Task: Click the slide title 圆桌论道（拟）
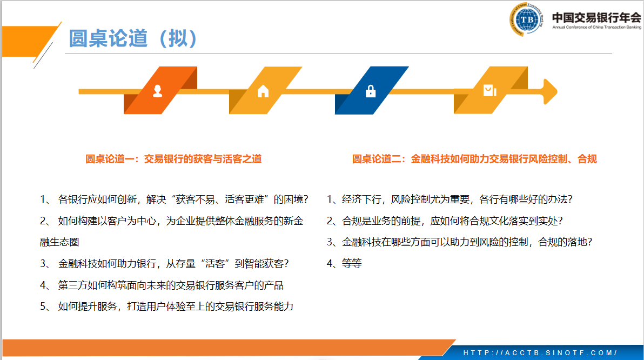(133, 38)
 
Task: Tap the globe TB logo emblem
(527, 19)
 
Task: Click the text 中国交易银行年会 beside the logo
(596, 18)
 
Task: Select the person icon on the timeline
(157, 91)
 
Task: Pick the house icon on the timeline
(263, 91)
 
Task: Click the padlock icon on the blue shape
(371, 91)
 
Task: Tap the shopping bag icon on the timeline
(489, 90)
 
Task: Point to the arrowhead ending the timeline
(550, 91)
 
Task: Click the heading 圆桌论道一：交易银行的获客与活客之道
(173, 159)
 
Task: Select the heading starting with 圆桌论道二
(474, 159)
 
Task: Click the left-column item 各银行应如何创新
(174, 199)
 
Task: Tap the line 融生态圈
(59, 242)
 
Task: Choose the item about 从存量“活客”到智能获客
(164, 263)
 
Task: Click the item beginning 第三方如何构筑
(162, 285)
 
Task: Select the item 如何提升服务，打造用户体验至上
(167, 306)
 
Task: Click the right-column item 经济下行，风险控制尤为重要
(450, 199)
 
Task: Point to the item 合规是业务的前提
(445, 221)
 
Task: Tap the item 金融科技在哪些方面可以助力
(459, 242)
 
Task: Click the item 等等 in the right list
(344, 263)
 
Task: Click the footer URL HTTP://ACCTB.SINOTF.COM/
(540, 352)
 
